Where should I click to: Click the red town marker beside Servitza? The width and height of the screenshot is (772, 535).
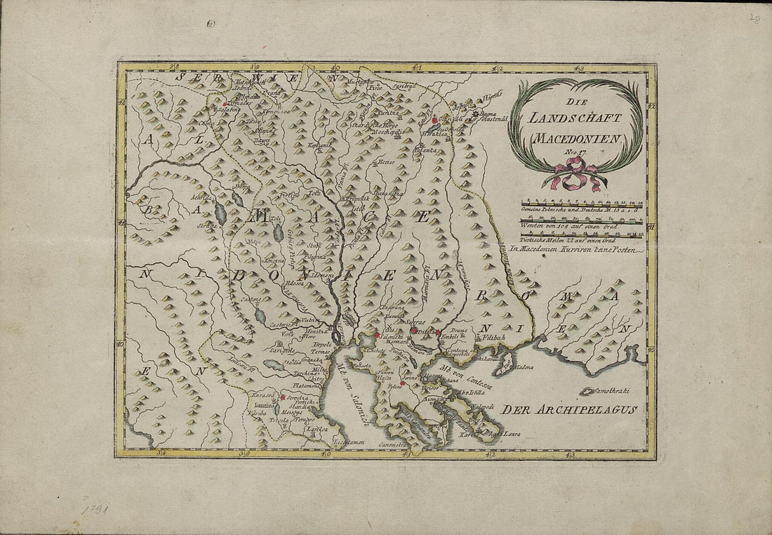[282, 397]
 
